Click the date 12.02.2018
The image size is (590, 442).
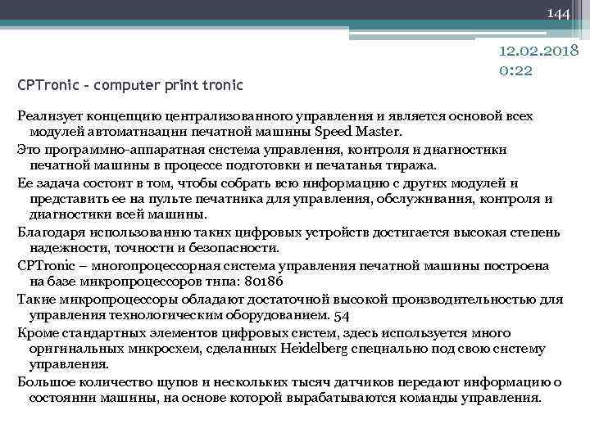coord(538,52)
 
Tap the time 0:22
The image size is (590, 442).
coord(515,70)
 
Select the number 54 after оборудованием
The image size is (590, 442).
coord(342,315)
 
